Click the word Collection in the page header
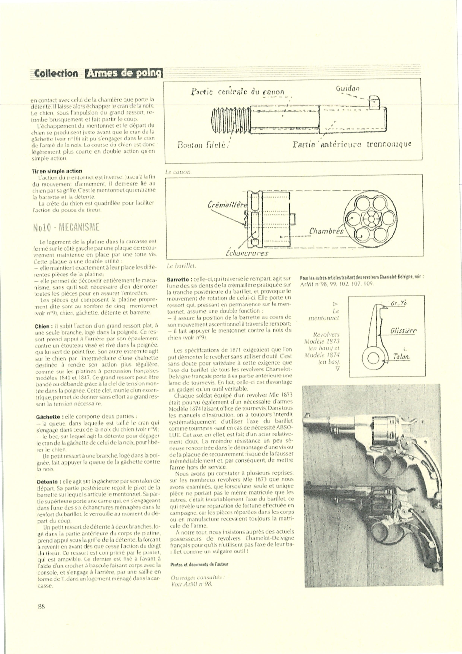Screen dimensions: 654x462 (56, 73)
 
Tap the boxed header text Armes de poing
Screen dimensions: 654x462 (124, 73)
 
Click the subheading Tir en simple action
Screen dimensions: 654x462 (57, 171)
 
